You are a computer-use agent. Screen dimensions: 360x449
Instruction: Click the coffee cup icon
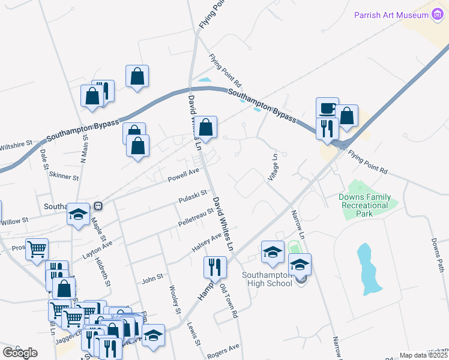[327, 109]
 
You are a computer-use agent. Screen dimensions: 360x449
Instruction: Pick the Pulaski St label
[193, 196]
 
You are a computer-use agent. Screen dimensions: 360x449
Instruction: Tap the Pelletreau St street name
[196, 217]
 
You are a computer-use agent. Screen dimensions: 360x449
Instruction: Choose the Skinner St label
[64, 177]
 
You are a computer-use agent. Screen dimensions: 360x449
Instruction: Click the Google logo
[20, 352]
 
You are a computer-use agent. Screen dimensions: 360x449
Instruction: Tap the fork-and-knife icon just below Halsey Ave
[215, 267]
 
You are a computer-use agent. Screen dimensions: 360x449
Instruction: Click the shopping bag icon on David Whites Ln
[205, 127]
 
